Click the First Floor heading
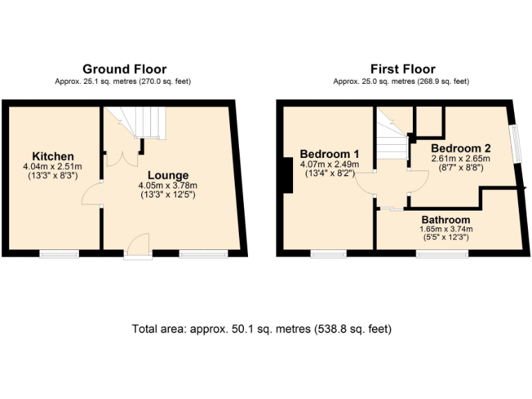402,69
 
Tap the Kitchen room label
53,156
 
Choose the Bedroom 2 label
461,148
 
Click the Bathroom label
445,219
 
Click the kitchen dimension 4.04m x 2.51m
53,166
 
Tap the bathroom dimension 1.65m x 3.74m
445,229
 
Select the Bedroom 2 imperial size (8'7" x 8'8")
461,168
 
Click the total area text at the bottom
261,328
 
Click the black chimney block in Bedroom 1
286,175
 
